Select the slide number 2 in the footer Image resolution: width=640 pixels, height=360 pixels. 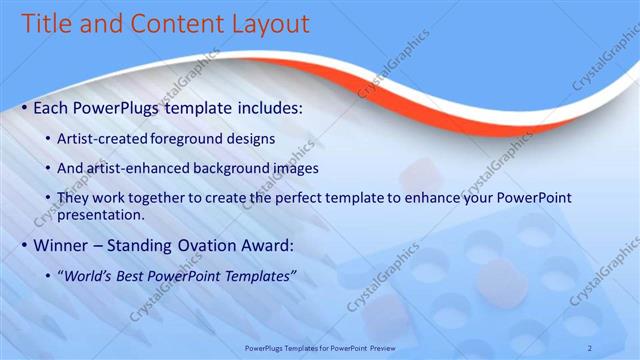pyautogui.click(x=590, y=347)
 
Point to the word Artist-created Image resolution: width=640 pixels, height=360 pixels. pyautogui.click(x=106, y=137)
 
